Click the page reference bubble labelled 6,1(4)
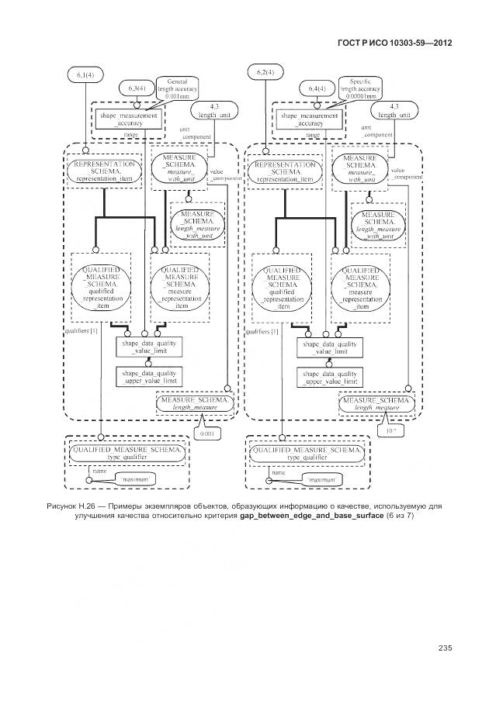click(86, 74)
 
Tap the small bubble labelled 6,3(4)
click(134, 89)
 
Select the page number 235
click(445, 648)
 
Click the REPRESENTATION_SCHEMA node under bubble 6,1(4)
click(106, 171)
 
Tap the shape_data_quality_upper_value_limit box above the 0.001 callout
click(149, 377)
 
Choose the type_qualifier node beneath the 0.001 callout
click(127, 454)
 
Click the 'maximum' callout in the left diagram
click(137, 480)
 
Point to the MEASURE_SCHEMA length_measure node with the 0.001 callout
click(194, 402)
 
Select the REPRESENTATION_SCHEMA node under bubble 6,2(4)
click(284, 171)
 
